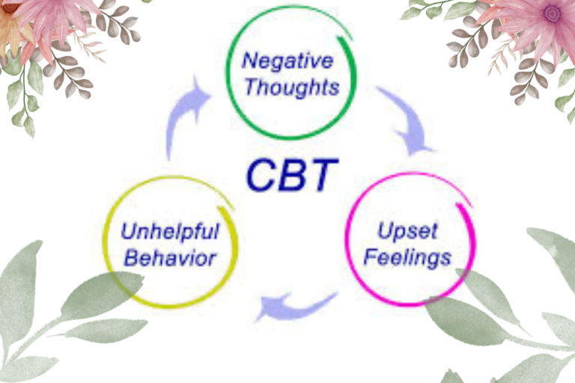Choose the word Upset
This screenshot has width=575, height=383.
[407, 230]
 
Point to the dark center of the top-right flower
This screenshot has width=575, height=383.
[552, 13]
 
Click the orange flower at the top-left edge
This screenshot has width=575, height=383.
[9, 26]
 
